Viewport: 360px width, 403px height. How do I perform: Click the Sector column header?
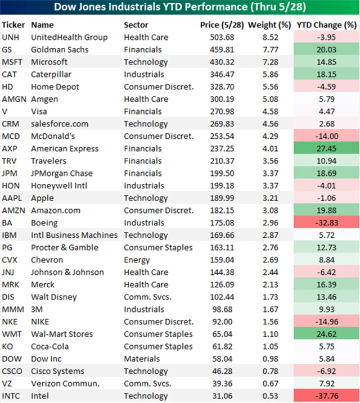pos(136,25)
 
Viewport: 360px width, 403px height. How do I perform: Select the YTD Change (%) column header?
pos(327,25)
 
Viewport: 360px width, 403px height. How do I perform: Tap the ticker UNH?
pos(11,37)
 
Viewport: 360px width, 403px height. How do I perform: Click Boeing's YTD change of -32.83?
pos(327,223)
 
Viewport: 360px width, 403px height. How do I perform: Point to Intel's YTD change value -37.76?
pos(327,396)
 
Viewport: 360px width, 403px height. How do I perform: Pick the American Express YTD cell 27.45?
pos(327,148)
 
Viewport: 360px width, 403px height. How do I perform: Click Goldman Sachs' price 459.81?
pos(213,49)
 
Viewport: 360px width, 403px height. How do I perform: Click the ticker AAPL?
pos(12,198)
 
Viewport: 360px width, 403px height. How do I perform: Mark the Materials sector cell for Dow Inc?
pos(141,359)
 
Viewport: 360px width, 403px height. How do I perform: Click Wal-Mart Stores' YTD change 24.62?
pos(327,334)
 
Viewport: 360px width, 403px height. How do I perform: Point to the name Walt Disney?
pos(53,297)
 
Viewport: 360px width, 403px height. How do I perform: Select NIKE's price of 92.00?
pos(215,322)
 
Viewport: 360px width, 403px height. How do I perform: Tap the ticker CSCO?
pos(12,371)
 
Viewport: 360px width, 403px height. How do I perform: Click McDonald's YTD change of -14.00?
pos(327,136)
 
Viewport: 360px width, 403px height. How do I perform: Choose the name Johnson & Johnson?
pos(67,272)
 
